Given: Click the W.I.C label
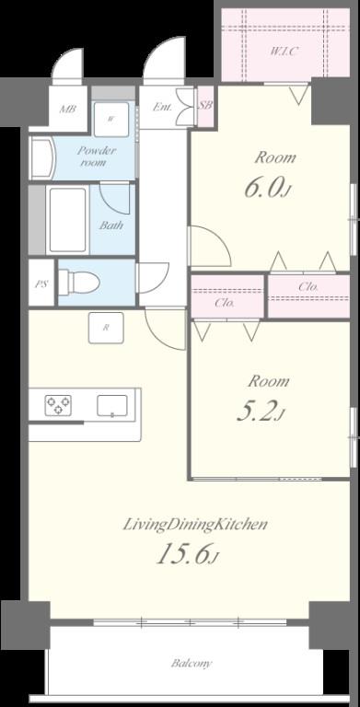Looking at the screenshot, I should pyautogui.click(x=284, y=51).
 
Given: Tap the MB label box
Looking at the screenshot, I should pyautogui.click(x=67, y=110).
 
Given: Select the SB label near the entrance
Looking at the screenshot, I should pyautogui.click(x=205, y=106).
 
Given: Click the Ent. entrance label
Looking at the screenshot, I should pyautogui.click(x=162, y=108).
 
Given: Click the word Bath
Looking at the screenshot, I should pyautogui.click(x=111, y=225).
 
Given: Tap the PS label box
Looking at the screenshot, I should pyautogui.click(x=41, y=284).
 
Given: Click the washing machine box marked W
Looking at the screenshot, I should pyautogui.click(x=111, y=118).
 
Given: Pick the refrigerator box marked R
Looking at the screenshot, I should pyautogui.click(x=107, y=328).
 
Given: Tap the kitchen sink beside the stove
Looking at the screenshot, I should pyautogui.click(x=115, y=405).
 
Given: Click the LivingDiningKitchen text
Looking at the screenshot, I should pyautogui.click(x=195, y=525).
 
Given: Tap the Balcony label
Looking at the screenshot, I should pyautogui.click(x=191, y=663).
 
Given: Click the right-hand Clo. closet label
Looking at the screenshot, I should pyautogui.click(x=308, y=287).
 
